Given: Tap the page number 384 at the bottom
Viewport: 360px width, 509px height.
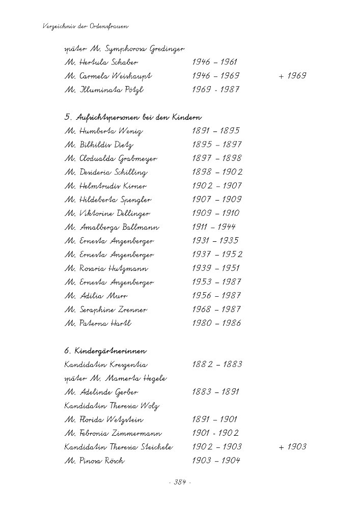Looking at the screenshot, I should click(180, 483).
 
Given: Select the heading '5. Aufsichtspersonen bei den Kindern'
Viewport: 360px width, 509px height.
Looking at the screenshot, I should click(133, 118).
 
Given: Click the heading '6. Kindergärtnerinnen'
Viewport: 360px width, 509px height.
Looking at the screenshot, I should click(106, 351).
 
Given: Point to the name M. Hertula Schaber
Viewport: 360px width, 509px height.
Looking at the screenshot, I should click(101, 63).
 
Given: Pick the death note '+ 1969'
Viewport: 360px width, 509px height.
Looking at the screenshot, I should click(292, 76).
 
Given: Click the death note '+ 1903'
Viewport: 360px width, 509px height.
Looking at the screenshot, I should click(292, 447).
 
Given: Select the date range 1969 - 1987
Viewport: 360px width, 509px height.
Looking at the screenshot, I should click(216, 90).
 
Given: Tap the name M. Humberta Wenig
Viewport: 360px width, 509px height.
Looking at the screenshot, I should click(104, 131).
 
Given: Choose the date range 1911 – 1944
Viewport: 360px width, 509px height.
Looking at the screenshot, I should click(214, 228).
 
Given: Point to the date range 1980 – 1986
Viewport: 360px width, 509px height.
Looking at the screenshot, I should click(216, 323).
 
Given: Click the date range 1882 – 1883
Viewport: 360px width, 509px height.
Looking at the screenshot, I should click(217, 365).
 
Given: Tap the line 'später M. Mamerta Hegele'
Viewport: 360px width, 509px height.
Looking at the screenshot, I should click(116, 379).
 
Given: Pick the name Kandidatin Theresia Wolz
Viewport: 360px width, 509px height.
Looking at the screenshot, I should click(112, 406).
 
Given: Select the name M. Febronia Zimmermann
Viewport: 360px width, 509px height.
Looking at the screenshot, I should click(114, 434).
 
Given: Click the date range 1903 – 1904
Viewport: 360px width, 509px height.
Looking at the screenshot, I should click(216, 461).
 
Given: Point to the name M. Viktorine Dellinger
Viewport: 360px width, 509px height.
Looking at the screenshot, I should click(107, 214).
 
